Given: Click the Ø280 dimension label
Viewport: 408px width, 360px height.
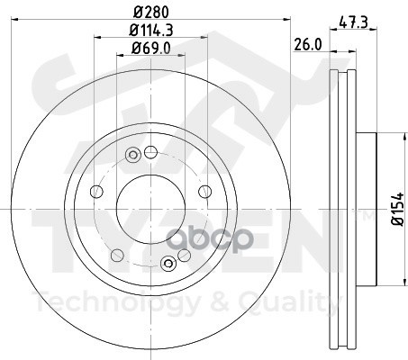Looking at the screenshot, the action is pyautogui.click(x=151, y=12).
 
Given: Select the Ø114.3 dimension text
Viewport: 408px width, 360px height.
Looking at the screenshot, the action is pyautogui.click(x=151, y=30).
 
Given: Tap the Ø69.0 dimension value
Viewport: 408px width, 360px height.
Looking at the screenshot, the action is pyautogui.click(x=151, y=48).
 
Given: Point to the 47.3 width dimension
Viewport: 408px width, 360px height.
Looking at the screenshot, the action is pyautogui.click(x=354, y=22).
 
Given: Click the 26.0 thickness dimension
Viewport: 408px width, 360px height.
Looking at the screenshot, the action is pyautogui.click(x=307, y=45).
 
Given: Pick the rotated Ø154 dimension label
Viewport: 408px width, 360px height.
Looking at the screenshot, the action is pyautogui.click(x=398, y=209).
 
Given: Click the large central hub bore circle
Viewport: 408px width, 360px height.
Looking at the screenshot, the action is pyautogui.click(x=150, y=209).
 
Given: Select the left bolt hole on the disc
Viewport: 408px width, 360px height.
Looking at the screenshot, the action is pyautogui.click(x=96, y=192).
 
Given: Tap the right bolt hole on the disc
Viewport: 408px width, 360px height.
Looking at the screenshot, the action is pyautogui.click(x=205, y=192).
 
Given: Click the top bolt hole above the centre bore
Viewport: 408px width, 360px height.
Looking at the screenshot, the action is pyautogui.click(x=150, y=152).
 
